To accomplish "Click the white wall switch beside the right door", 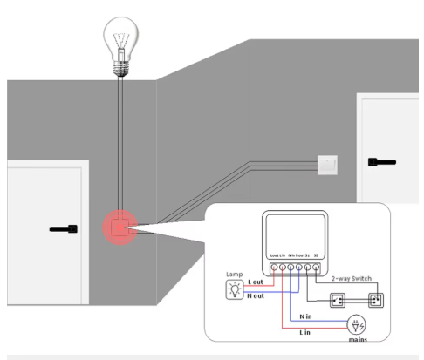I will point(327,163).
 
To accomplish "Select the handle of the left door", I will point(64,229).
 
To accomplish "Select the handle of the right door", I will point(381,161).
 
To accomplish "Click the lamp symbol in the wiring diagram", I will point(235,289).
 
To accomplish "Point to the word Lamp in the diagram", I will point(235,274).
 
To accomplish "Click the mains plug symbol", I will point(356,326).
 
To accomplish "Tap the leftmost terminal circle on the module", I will point(273,265).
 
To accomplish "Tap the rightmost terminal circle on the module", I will point(316,265).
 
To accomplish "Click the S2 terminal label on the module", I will point(316,255).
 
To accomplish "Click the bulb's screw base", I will point(120,64).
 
